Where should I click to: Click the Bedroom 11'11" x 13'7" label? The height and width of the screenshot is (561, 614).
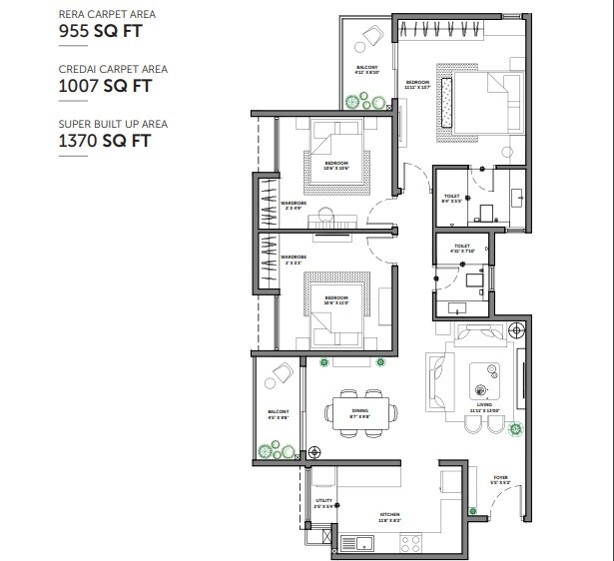pyautogui.click(x=417, y=85)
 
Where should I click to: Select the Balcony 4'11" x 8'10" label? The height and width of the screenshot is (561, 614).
pyautogui.click(x=365, y=70)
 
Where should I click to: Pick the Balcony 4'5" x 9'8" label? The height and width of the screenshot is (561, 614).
pyautogui.click(x=277, y=413)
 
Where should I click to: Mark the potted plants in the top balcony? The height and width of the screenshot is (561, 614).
pyautogui.click(x=362, y=101)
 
